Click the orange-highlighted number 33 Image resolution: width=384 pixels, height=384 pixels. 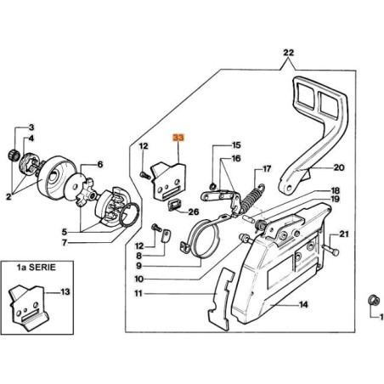pos(178,138)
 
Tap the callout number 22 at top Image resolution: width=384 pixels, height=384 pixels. pos(289,53)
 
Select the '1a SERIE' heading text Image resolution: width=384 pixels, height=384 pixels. pos(37,268)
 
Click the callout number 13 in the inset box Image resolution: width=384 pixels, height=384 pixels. pos(65,291)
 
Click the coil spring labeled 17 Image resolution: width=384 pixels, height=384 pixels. pos(252,198)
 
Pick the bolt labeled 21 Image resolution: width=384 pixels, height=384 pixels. pos(330,250)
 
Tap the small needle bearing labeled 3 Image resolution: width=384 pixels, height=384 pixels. pos(12,155)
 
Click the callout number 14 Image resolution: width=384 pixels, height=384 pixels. pos(303,305)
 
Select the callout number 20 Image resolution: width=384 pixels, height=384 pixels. pos(339,167)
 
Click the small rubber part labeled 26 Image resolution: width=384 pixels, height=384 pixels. pos(173,205)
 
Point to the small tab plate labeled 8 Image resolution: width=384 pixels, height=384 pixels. pos(166,236)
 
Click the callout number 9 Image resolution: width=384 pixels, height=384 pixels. pos(138,266)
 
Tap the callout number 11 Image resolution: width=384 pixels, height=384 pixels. pos(138,293)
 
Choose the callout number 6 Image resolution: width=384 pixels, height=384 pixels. pos(100,165)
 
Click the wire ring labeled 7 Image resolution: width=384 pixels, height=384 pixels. pos(129,215)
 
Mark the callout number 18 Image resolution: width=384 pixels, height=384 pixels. pos(335,190)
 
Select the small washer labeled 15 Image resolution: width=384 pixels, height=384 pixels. pos(212,187)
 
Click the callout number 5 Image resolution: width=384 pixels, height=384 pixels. pos(65,233)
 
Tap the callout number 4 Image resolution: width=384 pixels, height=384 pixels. pos(31,138)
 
